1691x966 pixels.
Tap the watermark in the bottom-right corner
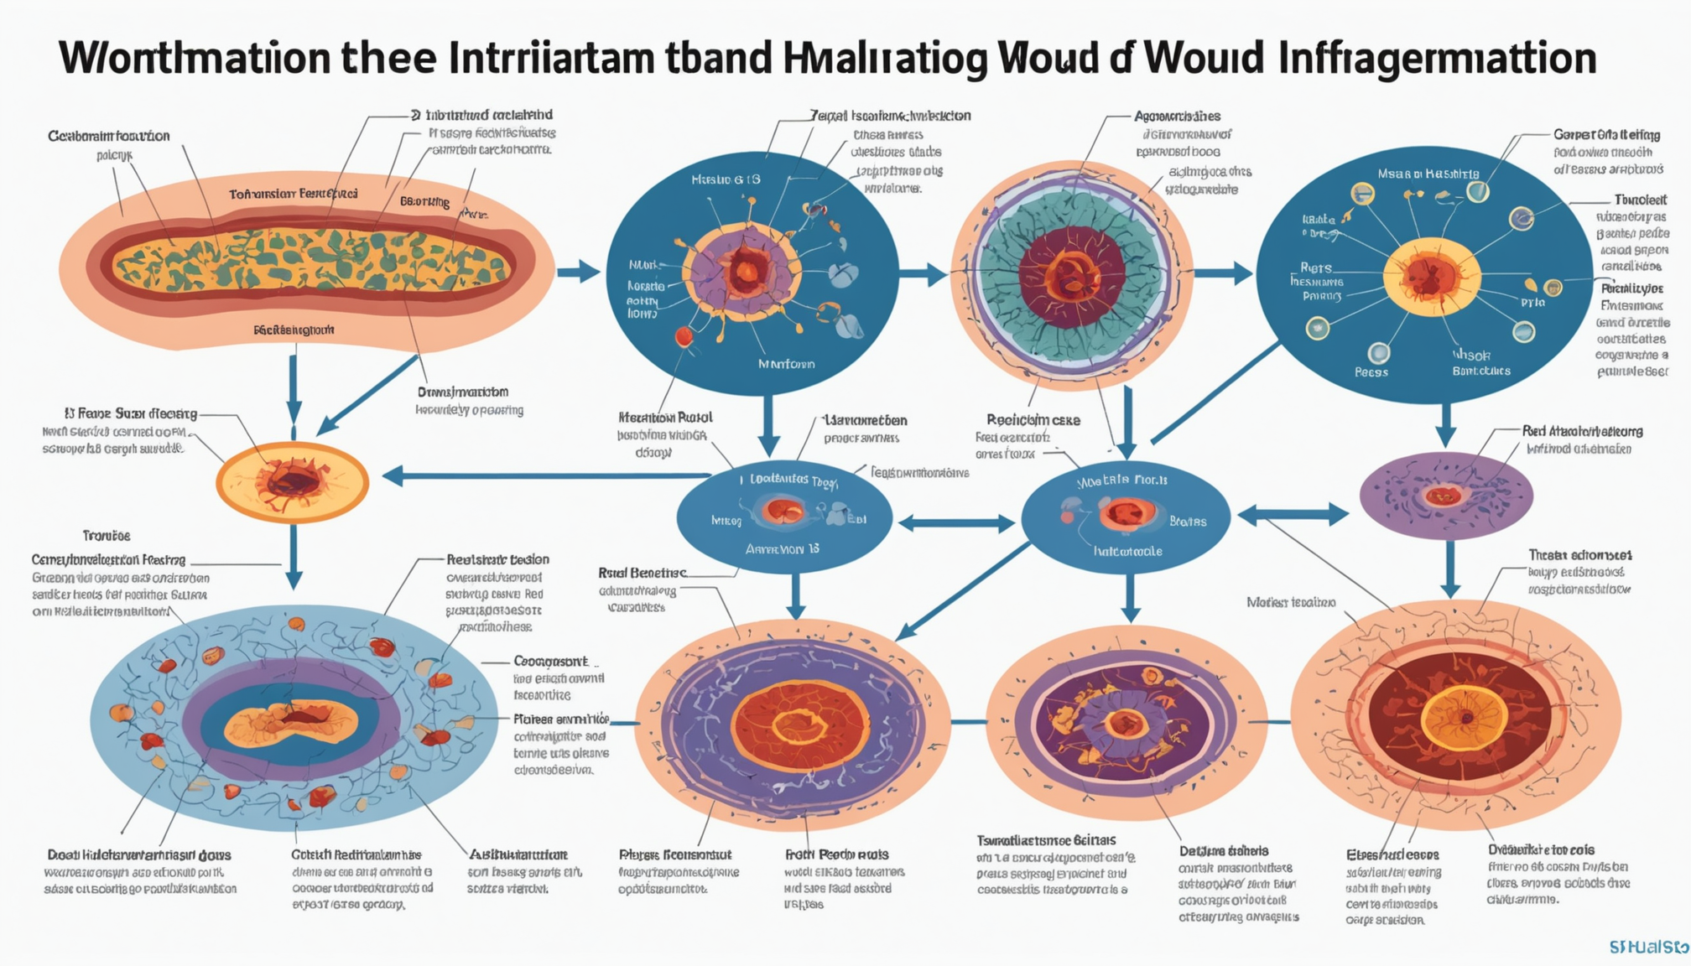click(x=1648, y=947)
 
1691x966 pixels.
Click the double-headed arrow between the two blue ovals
click(x=956, y=524)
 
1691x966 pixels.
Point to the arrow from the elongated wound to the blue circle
click(x=578, y=272)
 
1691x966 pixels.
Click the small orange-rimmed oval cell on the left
click(x=292, y=482)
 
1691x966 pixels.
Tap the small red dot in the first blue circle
click(x=684, y=336)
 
